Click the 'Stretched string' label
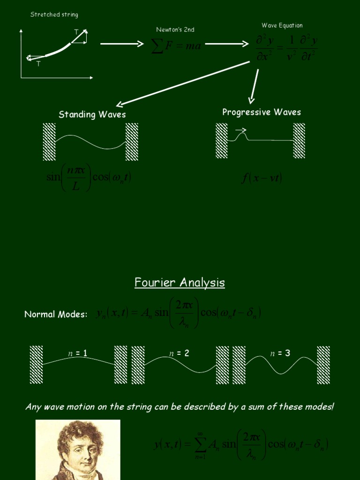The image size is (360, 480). tap(54, 15)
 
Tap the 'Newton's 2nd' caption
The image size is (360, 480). tap(175, 30)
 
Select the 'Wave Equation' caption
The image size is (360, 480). tap(282, 25)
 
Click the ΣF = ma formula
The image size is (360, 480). tap(176, 46)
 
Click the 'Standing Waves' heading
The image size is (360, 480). tap(92, 114)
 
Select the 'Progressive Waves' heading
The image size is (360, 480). tap(262, 112)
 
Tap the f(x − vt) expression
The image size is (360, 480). tap(262, 178)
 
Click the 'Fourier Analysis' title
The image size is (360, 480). tap(180, 282)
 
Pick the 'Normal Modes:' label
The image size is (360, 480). tap(56, 315)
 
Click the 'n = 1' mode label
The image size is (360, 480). tap(78, 353)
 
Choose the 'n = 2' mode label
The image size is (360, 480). tap(180, 353)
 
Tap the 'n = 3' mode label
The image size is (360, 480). tap(280, 353)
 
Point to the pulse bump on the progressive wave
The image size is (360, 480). tap(242, 136)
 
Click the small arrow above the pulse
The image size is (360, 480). tap(241, 130)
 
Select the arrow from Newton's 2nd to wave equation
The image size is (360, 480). tap(227, 44)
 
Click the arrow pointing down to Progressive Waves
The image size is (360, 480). tap(255, 85)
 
